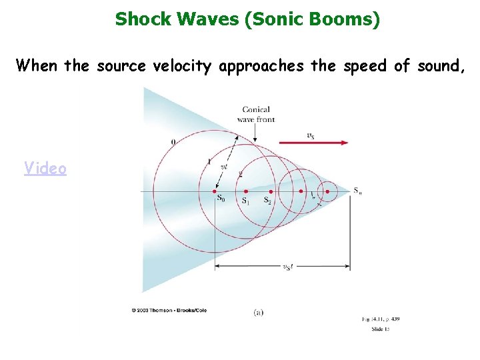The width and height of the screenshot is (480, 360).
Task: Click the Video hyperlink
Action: [45, 168]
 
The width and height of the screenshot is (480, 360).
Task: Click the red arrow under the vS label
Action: [313, 142]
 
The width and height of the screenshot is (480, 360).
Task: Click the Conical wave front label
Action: [256, 114]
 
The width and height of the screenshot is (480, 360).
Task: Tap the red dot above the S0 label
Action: [215, 191]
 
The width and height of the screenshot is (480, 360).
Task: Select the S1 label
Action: [246, 201]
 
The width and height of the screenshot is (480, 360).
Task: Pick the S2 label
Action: [267, 201]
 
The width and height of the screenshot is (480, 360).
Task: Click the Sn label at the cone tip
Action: [358, 191]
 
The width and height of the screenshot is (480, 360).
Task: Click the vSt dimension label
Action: [287, 267]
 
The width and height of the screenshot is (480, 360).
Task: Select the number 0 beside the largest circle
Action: [173, 141]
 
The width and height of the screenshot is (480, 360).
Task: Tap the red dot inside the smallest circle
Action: [327, 191]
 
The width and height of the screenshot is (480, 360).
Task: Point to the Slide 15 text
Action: [381, 329]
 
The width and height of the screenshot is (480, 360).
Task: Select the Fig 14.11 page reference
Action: [381, 319]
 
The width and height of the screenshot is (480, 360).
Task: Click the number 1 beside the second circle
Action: [209, 162]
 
